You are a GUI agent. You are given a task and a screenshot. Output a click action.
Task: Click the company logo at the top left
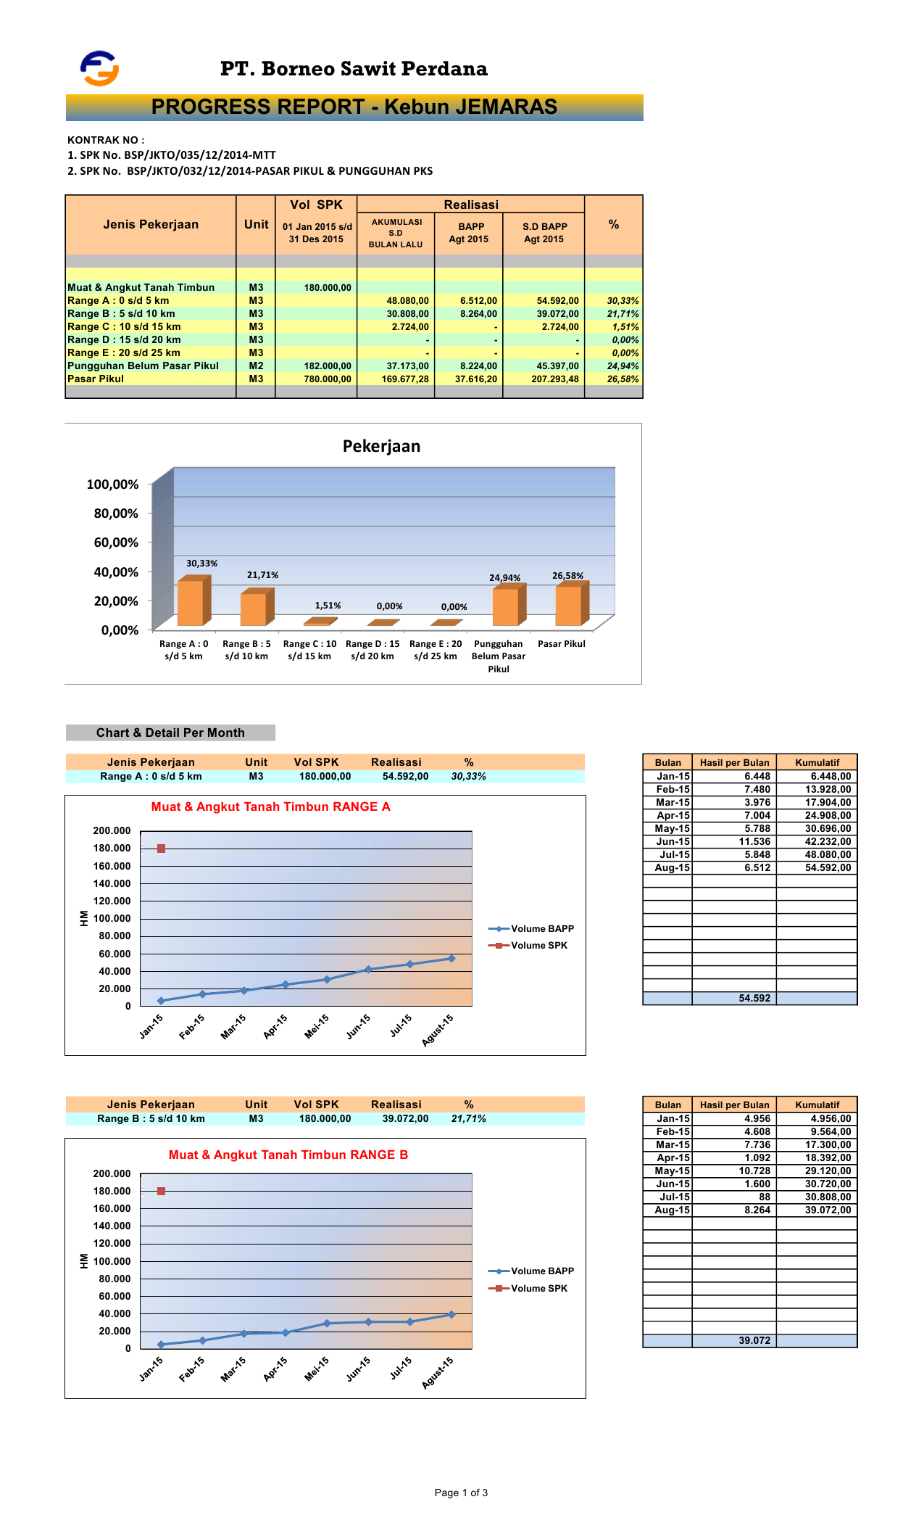point(99,69)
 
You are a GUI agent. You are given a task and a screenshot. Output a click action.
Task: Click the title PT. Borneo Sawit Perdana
point(354,69)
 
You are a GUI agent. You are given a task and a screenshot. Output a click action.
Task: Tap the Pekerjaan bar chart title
point(381,446)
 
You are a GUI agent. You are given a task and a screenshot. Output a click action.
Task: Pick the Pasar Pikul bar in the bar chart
point(570,605)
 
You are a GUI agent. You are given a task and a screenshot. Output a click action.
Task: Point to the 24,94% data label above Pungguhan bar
point(504,578)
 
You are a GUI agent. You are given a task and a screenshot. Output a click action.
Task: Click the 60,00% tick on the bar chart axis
point(116,542)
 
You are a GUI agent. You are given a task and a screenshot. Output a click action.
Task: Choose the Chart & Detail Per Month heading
point(170,732)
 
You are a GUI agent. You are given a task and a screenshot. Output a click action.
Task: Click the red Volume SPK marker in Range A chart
point(161,849)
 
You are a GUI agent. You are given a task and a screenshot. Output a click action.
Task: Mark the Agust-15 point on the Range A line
point(451,959)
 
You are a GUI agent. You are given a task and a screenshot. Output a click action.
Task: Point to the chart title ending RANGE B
point(288,1155)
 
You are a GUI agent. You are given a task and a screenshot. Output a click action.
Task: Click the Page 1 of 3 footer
point(461,1493)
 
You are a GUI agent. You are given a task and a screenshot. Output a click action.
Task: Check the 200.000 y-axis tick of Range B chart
point(112,1173)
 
